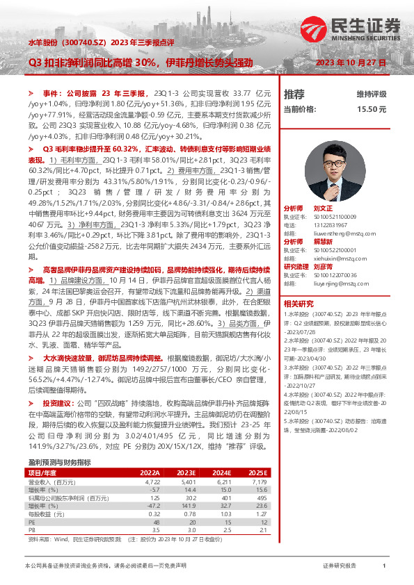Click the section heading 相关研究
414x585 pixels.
click(298, 303)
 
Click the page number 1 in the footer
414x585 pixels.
click(384, 567)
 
